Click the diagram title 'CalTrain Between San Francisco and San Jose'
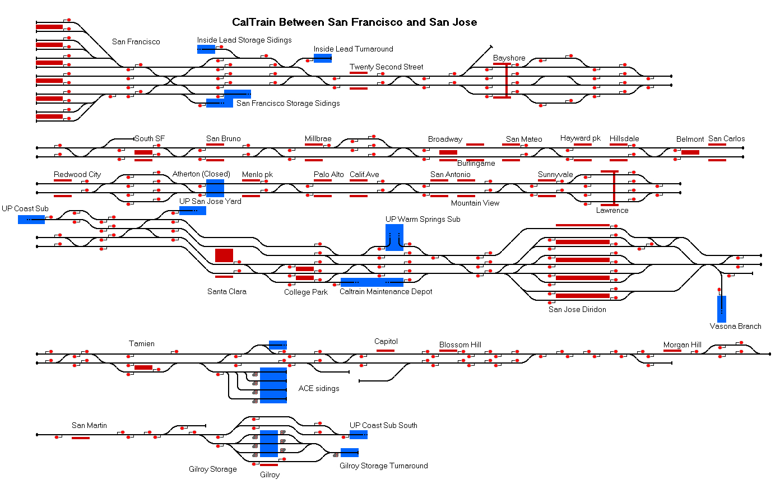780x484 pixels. [x=355, y=22]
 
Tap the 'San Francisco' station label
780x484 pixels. [x=136, y=41]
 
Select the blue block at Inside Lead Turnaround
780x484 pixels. [x=323, y=58]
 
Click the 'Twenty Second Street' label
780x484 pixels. [x=387, y=67]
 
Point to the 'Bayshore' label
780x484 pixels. [x=509, y=58]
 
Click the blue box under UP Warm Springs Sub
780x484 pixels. [x=394, y=238]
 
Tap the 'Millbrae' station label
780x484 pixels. [x=318, y=138]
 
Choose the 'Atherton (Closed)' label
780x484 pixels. [x=201, y=174]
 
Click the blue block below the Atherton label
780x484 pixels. [x=215, y=188]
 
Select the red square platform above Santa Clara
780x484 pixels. [x=224, y=255]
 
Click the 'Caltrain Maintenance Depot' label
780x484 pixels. [x=386, y=291]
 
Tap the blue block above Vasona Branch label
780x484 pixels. [x=722, y=309]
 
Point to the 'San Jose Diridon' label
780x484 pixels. [x=577, y=309]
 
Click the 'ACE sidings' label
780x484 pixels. [x=319, y=388]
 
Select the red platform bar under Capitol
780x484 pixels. [x=386, y=351]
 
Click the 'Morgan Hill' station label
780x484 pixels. [x=682, y=345]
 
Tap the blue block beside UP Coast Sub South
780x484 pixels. [x=359, y=435]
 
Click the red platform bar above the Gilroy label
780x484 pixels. [x=269, y=465]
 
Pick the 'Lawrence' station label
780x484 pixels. [x=612, y=210]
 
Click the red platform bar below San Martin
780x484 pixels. [x=81, y=438]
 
